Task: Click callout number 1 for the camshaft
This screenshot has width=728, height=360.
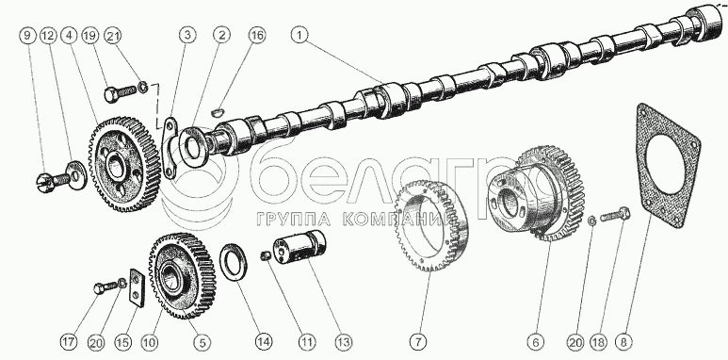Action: [299, 36]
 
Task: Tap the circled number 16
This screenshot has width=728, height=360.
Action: [257, 36]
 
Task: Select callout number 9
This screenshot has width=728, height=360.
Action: [28, 36]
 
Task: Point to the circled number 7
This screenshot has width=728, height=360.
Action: [417, 343]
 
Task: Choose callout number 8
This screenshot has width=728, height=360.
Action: [623, 342]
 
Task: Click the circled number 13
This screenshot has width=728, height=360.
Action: [345, 343]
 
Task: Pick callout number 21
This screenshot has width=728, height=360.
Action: [112, 36]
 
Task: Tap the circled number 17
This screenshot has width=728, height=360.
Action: [68, 343]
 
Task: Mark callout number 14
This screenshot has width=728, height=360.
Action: [264, 343]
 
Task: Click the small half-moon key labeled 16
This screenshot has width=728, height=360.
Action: [217, 112]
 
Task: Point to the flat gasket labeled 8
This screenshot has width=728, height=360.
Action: [667, 168]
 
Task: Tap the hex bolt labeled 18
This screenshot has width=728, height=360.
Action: [615, 215]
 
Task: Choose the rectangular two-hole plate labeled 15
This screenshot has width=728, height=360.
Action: [137, 287]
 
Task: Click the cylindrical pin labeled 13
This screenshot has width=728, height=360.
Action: [299, 250]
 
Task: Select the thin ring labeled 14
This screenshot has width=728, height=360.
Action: [233, 262]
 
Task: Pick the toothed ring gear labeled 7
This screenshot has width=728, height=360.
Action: [432, 225]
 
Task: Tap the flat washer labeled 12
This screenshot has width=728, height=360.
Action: [76, 175]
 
